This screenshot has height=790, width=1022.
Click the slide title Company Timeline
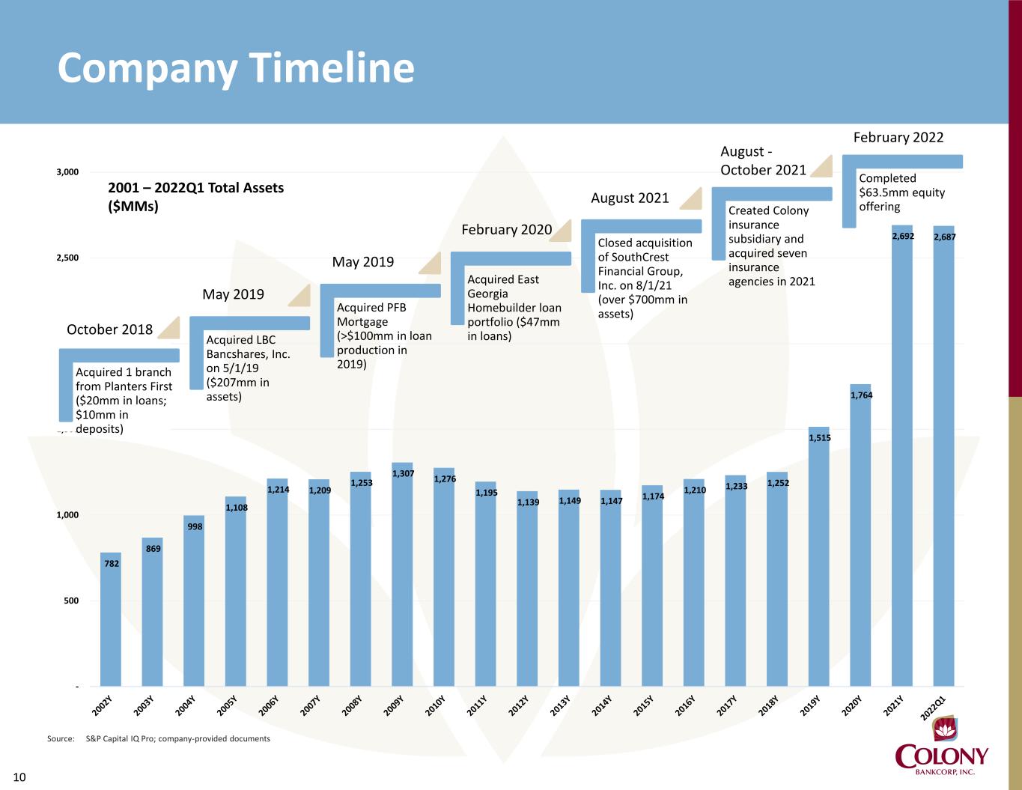[x=236, y=68]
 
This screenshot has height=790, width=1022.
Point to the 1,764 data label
[x=861, y=395]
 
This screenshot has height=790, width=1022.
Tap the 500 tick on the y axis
[x=70, y=601]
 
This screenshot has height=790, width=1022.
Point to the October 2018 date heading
[x=110, y=329]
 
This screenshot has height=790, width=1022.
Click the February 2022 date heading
[x=898, y=137]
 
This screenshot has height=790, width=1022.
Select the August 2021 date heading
[x=630, y=198]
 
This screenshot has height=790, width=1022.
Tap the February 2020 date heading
[x=506, y=229]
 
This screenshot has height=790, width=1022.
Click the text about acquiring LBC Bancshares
[x=247, y=368]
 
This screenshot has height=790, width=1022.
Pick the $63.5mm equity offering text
[x=901, y=192]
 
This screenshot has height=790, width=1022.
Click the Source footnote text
[x=158, y=739]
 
